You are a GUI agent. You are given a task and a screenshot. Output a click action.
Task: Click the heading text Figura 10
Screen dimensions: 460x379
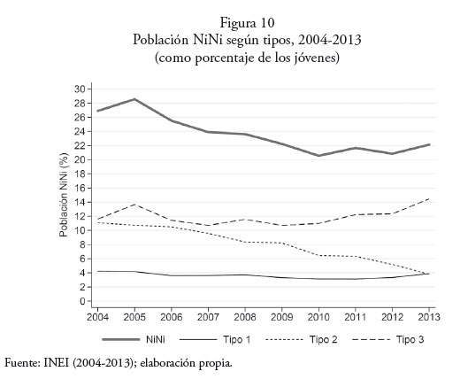click(247, 23)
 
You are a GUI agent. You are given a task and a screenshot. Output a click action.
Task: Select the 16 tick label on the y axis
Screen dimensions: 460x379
click(80, 188)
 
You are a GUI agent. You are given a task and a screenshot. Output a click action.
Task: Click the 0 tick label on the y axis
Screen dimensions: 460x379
click(82, 301)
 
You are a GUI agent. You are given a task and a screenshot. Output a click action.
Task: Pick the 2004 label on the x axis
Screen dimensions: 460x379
click(97, 317)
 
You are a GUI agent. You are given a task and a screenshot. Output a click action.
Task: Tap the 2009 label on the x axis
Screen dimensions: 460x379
click(282, 317)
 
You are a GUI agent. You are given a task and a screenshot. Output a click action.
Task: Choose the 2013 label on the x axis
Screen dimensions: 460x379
click(429, 317)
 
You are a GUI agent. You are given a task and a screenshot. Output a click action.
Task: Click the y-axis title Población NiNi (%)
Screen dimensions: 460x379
click(64, 195)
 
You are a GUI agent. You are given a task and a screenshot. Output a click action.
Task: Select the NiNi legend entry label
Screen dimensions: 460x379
click(156, 339)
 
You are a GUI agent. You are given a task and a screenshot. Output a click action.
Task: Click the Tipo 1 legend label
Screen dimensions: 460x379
click(237, 339)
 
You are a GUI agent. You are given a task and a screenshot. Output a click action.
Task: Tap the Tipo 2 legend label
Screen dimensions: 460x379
click(323, 339)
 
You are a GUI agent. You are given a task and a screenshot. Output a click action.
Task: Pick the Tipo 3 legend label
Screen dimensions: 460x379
click(410, 339)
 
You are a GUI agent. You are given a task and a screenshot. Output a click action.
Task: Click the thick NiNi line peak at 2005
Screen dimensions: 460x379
click(134, 99)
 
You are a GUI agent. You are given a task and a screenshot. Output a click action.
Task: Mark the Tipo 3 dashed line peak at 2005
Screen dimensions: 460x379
click(134, 205)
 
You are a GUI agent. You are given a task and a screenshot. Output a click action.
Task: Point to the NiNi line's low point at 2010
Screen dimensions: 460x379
click(318, 156)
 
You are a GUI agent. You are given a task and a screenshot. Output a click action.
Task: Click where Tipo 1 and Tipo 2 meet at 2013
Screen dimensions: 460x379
click(428, 274)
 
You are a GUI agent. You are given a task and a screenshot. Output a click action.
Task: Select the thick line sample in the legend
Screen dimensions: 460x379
click(121, 339)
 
